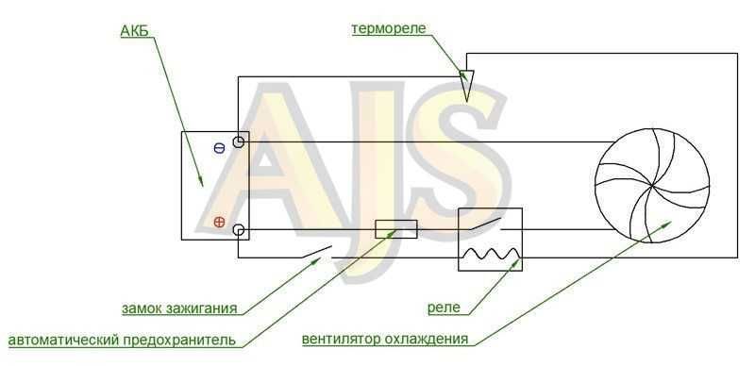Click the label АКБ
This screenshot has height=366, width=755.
click(134, 31)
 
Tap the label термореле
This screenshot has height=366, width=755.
click(389, 29)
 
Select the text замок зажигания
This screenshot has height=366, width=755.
click(179, 308)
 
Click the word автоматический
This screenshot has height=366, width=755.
click(63, 340)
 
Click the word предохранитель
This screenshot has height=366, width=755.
click(179, 340)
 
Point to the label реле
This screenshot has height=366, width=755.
click(444, 308)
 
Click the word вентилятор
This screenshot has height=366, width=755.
click(341, 339)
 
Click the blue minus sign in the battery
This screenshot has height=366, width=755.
click(219, 148)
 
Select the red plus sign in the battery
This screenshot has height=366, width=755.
click(219, 222)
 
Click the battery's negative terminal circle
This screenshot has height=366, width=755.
click(239, 142)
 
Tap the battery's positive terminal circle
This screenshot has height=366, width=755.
click(239, 230)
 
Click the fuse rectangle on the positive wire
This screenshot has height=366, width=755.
click(395, 229)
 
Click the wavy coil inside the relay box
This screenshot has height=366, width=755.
click(490, 254)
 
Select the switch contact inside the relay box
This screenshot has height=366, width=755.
click(486, 224)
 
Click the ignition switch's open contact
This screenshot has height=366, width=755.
click(317, 251)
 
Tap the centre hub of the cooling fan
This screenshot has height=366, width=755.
click(652, 186)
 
